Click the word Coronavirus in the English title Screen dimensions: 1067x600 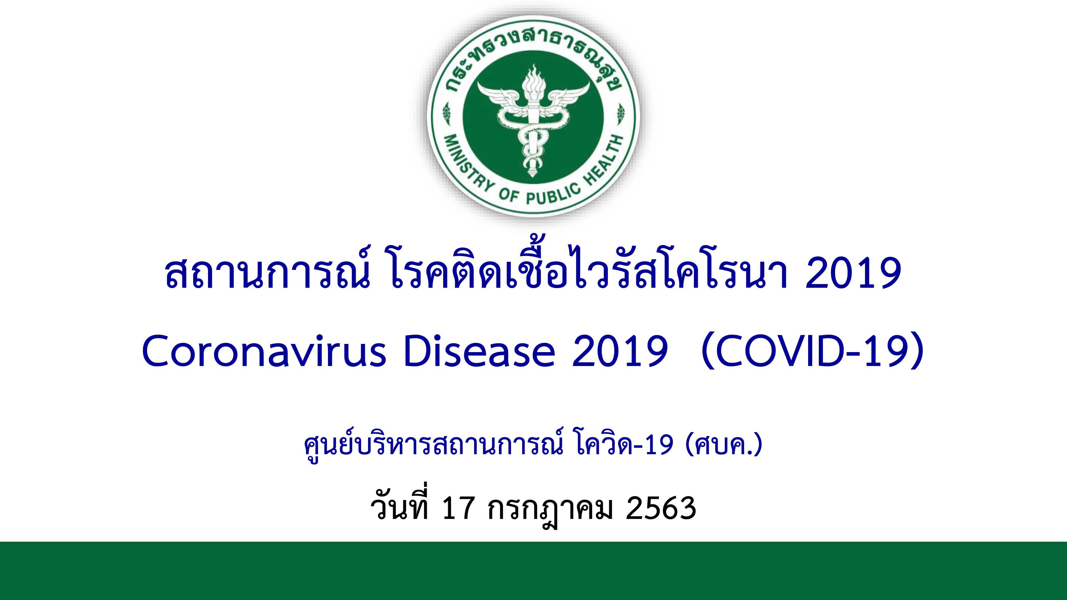(x=264, y=351)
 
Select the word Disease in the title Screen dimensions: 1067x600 (x=479, y=351)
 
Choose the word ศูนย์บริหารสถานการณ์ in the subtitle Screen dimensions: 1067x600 (x=434, y=446)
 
